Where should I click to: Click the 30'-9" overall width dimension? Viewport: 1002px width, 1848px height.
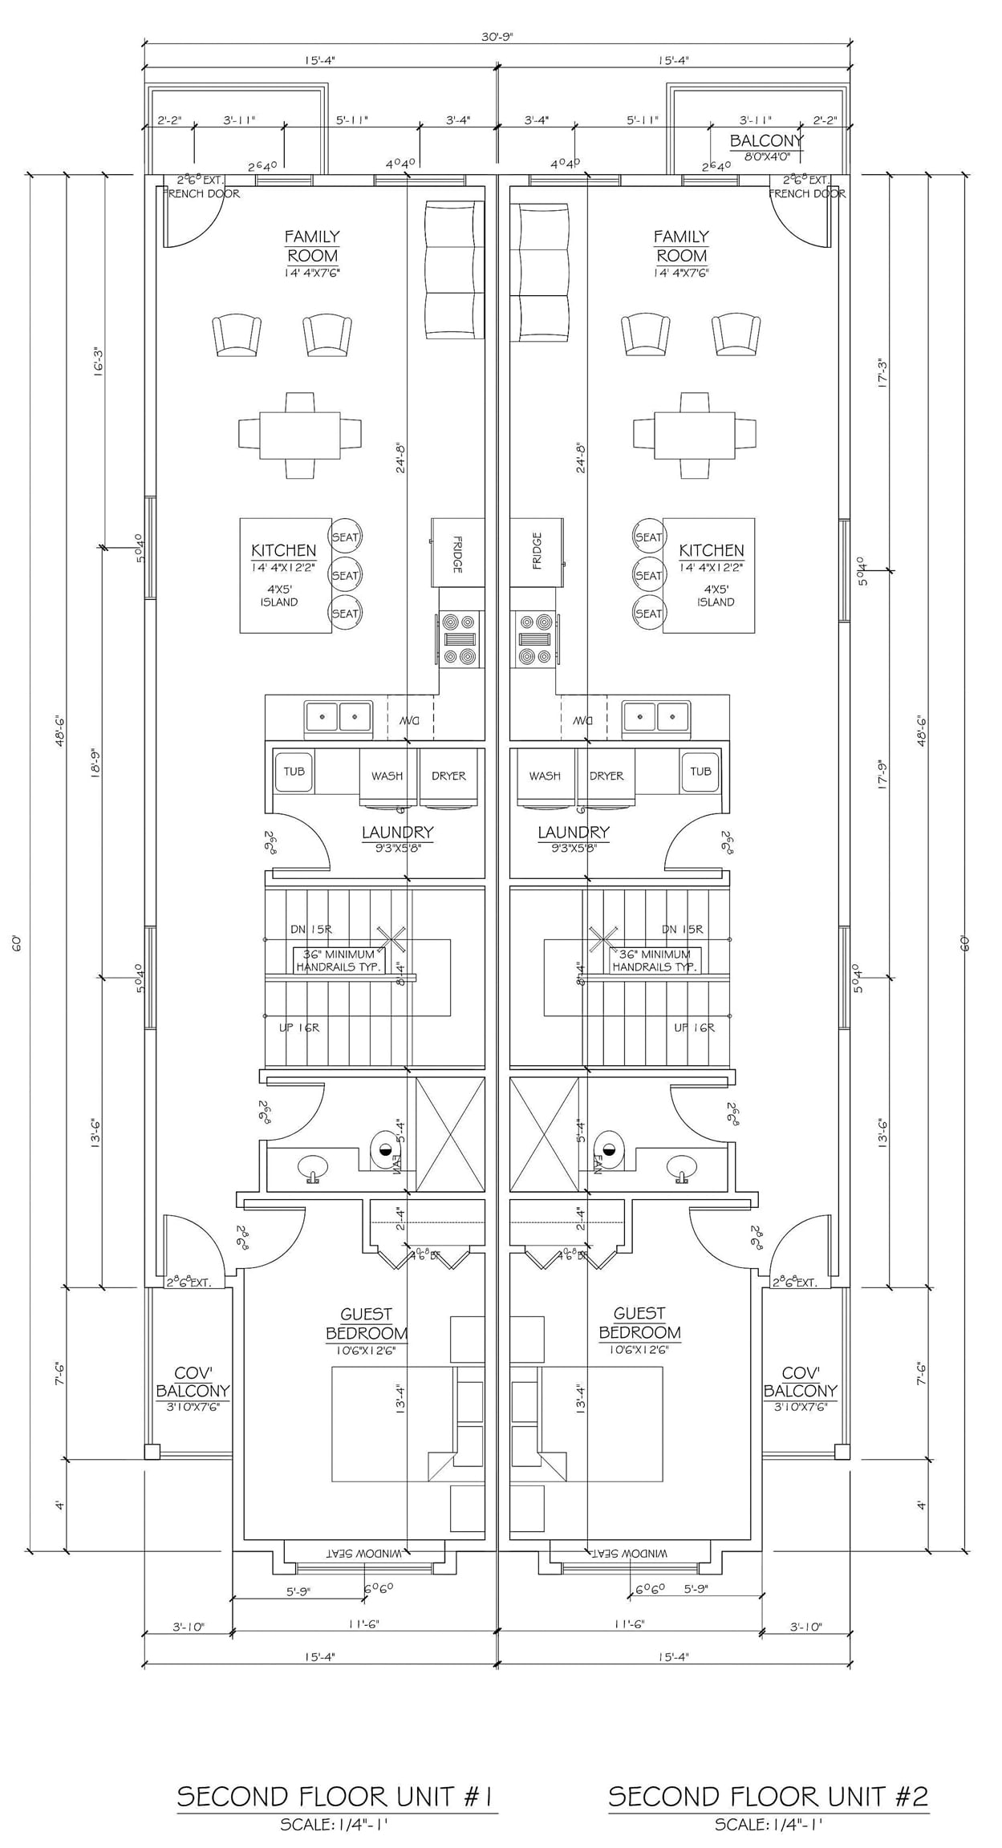click(497, 37)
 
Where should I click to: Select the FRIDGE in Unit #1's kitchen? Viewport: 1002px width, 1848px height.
click(458, 553)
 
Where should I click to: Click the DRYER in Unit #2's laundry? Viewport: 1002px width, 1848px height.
click(606, 776)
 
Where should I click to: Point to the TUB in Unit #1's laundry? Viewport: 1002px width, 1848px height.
click(294, 772)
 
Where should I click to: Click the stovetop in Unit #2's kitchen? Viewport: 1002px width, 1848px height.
click(535, 638)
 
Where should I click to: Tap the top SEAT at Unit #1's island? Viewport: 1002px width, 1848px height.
click(346, 537)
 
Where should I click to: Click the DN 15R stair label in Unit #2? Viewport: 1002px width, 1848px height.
click(682, 929)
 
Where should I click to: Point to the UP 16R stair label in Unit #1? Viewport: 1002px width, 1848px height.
click(299, 1027)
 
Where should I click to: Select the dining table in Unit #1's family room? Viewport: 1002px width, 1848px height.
click(299, 435)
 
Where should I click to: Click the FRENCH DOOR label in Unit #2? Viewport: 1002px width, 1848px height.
click(806, 193)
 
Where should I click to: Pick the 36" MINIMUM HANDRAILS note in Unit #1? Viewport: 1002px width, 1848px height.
click(339, 960)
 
